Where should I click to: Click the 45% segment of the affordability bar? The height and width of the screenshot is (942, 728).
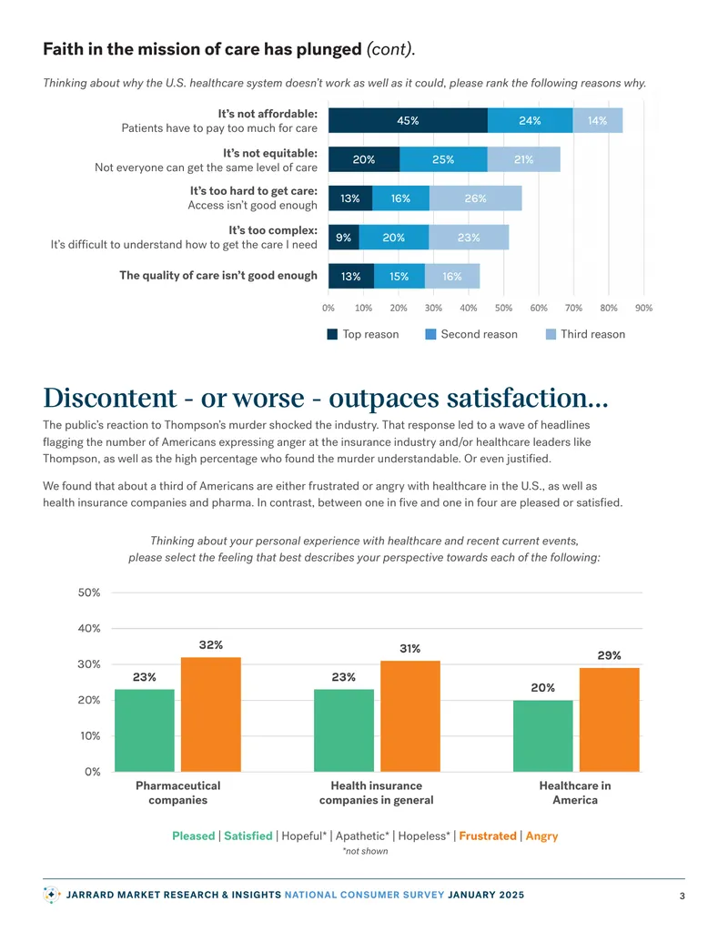[x=408, y=121]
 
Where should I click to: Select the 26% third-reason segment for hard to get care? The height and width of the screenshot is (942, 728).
[x=476, y=198]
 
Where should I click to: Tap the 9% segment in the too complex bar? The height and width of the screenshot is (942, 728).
[x=344, y=238]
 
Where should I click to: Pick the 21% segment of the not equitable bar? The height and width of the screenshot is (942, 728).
[x=524, y=160]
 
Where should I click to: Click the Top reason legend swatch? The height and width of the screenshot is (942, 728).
[x=332, y=335]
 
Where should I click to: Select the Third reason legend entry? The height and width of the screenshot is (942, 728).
[x=586, y=335]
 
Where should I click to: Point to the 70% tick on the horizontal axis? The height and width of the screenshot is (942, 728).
[x=573, y=309]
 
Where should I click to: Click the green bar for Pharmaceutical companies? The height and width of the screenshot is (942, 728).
[x=145, y=731]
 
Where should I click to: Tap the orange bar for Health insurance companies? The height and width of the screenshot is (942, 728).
[x=410, y=716]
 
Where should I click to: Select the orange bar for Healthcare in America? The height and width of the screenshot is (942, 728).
[x=609, y=720]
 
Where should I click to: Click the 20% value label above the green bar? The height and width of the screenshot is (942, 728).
[x=543, y=688]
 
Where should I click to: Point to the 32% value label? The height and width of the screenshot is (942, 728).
[x=211, y=645]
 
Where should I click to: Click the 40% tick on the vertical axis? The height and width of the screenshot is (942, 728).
[x=89, y=628]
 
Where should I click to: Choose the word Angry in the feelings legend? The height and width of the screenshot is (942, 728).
[x=541, y=836]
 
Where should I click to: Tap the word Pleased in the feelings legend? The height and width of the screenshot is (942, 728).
[x=194, y=836]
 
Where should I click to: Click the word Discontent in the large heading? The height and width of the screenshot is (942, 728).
[x=110, y=398]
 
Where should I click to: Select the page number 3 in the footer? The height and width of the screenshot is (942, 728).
[x=682, y=896]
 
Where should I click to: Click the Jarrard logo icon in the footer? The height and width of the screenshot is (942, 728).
[x=52, y=895]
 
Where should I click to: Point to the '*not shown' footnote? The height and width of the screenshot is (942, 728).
[x=365, y=851]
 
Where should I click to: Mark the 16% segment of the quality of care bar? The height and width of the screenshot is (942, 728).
[x=452, y=277]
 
